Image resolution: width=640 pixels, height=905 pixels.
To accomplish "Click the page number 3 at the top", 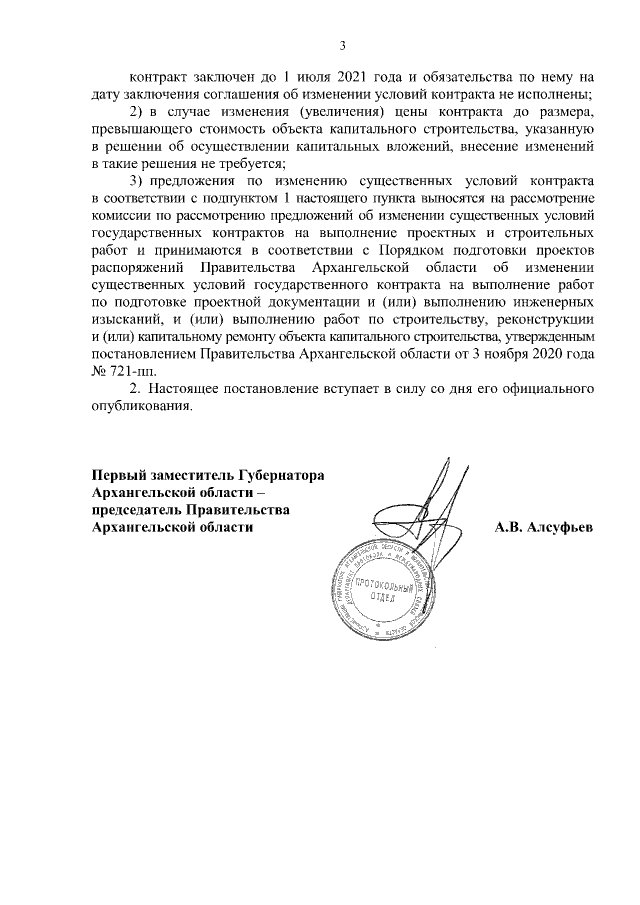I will [x=343, y=45].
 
